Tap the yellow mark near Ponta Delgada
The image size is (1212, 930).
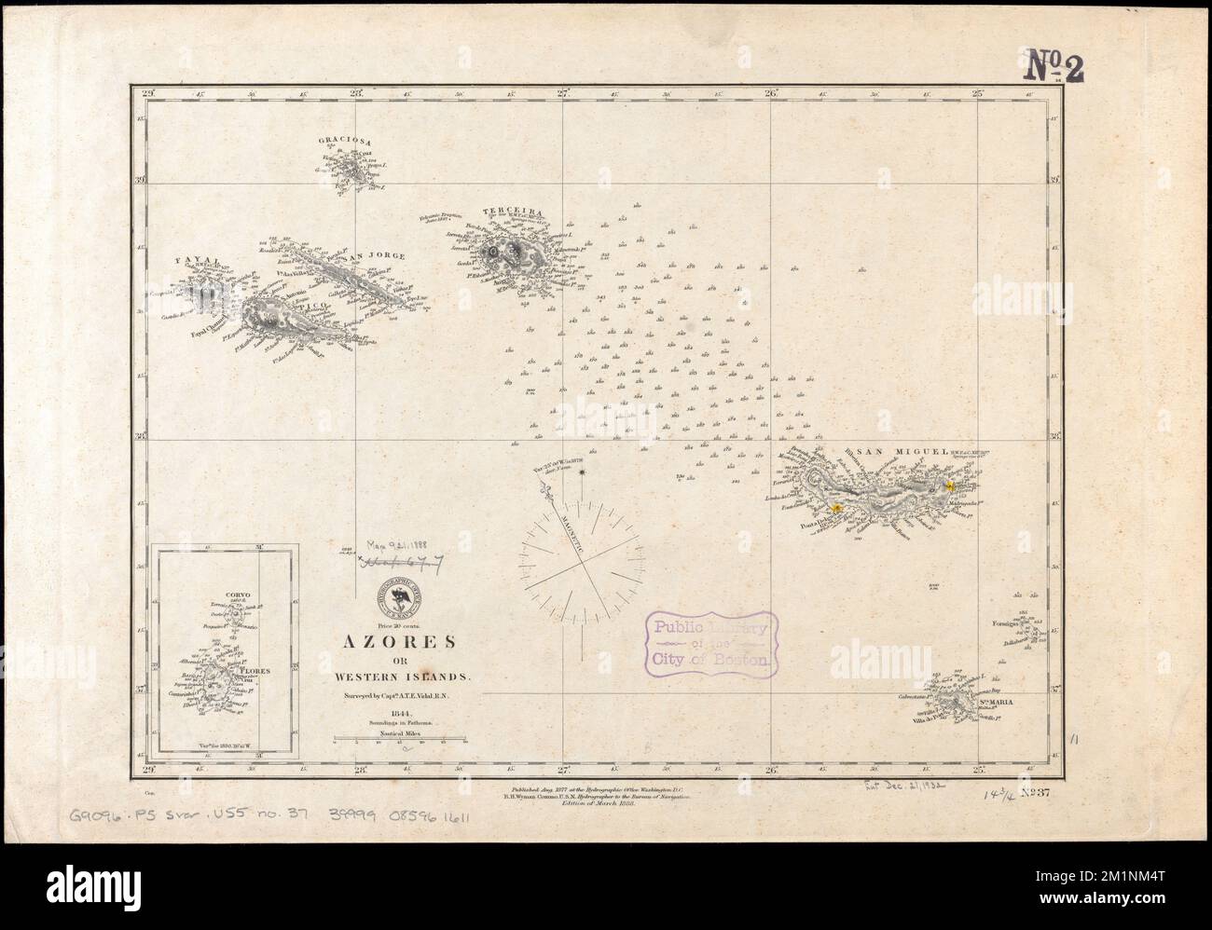(837, 507)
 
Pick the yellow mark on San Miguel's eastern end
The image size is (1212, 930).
(950, 486)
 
